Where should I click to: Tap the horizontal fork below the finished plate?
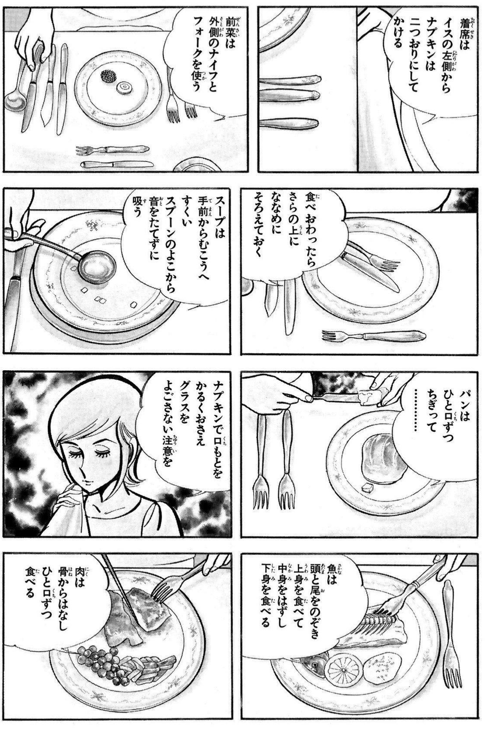[x=373, y=335]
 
